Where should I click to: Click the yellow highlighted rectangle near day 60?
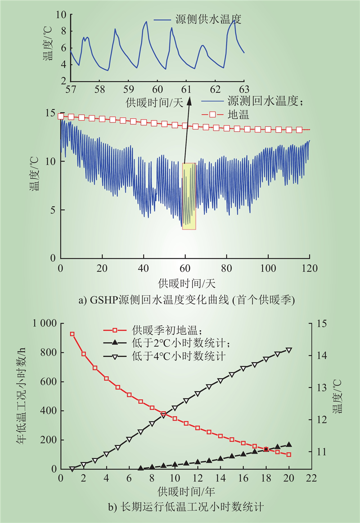pos(189,197)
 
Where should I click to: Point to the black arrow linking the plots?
pos(187,130)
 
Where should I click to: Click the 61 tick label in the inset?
pos(186,89)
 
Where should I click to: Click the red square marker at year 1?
pos(72,334)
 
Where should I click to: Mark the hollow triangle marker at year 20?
pos(289,350)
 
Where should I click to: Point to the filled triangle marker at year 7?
pos(140,469)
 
